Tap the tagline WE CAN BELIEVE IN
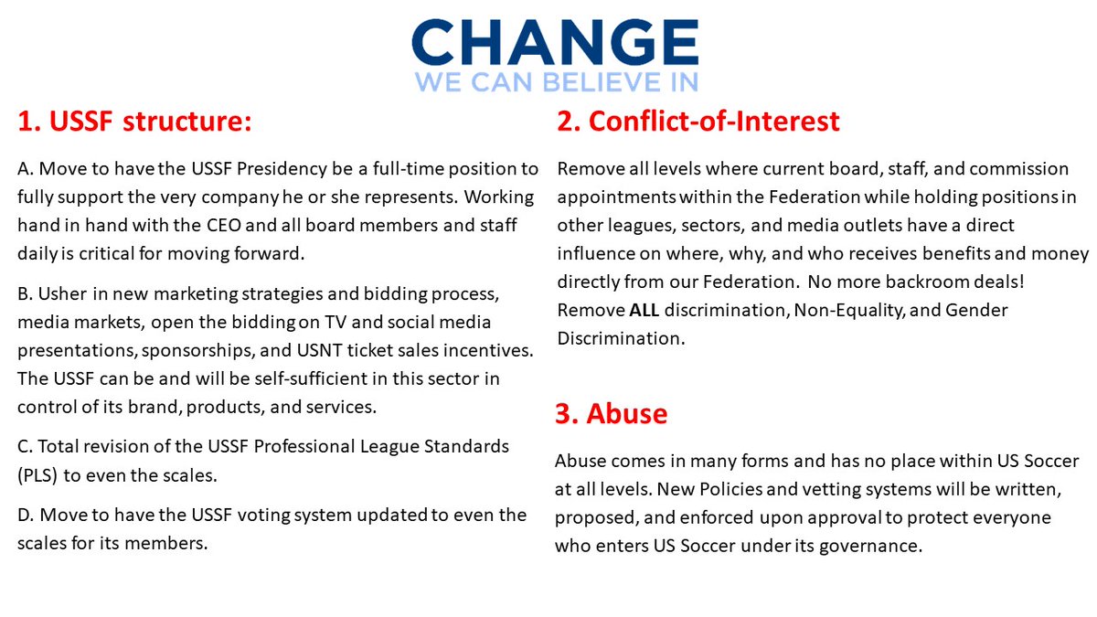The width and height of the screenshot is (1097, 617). point(556,81)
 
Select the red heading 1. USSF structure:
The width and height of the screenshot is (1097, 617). point(134,122)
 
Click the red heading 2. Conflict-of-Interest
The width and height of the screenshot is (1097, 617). point(698,122)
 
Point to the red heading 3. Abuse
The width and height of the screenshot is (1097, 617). point(612,414)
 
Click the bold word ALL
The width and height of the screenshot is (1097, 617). point(645,310)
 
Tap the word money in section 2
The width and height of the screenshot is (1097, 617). point(1063,253)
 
